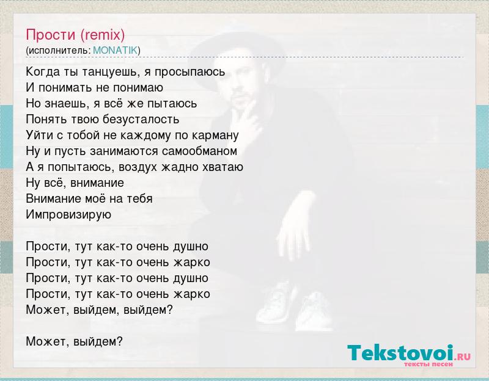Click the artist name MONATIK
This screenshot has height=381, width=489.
(x=115, y=50)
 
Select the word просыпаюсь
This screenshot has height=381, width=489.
(x=189, y=72)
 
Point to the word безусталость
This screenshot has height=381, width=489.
(x=141, y=119)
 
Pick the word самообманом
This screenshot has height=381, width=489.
(x=199, y=151)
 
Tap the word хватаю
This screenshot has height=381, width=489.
(x=222, y=167)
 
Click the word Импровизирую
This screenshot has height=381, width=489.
(x=68, y=215)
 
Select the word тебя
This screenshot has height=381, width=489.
(x=139, y=199)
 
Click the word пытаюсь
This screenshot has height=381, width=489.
(x=172, y=104)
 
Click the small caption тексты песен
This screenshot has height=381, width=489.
(x=428, y=364)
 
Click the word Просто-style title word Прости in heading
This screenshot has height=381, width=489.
(x=51, y=35)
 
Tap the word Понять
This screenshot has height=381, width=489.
(x=47, y=119)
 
